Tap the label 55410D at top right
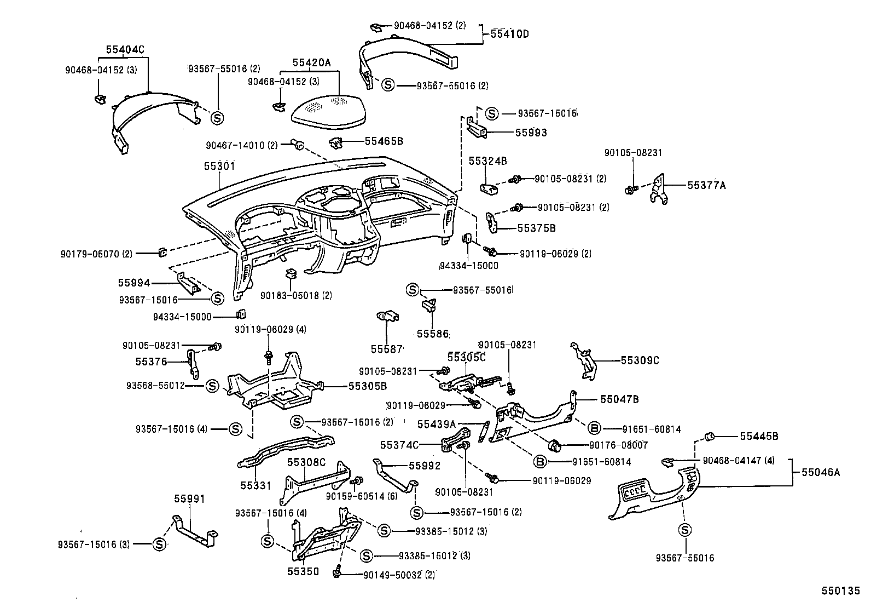pos(509,34)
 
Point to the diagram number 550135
pos(840,592)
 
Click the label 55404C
pos(125,49)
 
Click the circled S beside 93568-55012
pos(212,386)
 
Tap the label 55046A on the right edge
pos(821,472)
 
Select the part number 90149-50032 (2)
pos(399,575)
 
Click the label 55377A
pos(706,185)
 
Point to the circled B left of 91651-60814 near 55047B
pos(595,428)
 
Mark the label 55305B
pos(367,386)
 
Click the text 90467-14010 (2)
pos(241,146)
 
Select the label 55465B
pos(384,141)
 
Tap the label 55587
pos(386,349)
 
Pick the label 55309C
pos(640,360)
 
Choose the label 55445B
pos(759,436)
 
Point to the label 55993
pos(531,133)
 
